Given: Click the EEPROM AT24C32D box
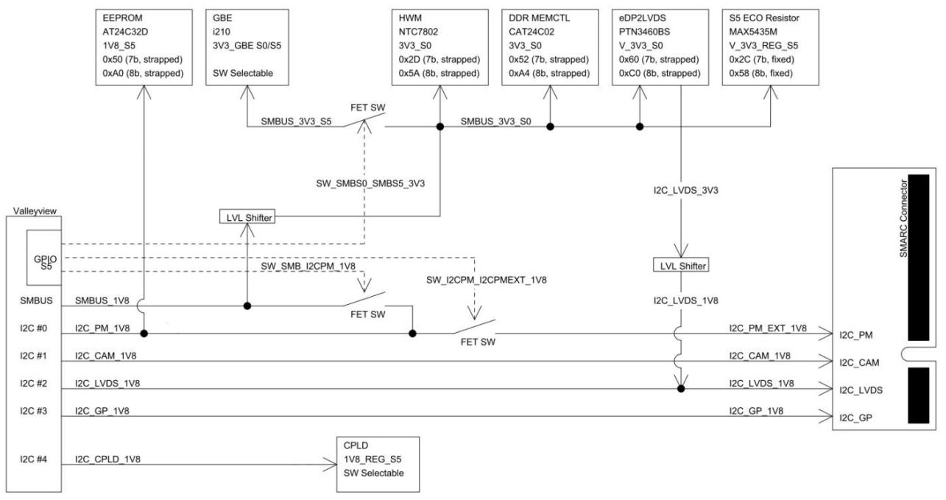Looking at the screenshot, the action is pyautogui.click(x=144, y=47).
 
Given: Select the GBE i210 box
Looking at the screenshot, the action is pyautogui.click(x=247, y=47).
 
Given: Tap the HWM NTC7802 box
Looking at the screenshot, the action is pyautogui.click(x=440, y=47).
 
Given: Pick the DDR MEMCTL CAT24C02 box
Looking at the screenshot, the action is pyautogui.click(x=550, y=47).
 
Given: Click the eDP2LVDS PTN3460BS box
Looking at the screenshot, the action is pyautogui.click(x=660, y=47).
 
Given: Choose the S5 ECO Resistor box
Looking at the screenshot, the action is pyautogui.click(x=770, y=47).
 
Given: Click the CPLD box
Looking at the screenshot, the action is pyautogui.click(x=378, y=464).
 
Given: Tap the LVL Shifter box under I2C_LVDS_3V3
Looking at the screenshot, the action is pyautogui.click(x=681, y=265).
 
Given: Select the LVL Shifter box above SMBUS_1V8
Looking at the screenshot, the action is pyautogui.click(x=247, y=216).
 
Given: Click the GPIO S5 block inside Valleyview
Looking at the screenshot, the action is pyautogui.click(x=44, y=258).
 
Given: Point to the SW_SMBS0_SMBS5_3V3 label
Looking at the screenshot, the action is pyautogui.click(x=370, y=183).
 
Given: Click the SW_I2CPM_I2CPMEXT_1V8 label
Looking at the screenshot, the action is pyautogui.click(x=486, y=280).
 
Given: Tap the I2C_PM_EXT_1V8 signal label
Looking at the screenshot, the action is pyautogui.click(x=768, y=328).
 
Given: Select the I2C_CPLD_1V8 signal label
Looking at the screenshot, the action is pyautogui.click(x=107, y=459).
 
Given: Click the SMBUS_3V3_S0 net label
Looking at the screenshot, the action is pyautogui.click(x=495, y=122).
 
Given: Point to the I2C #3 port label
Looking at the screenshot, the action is pyautogui.click(x=33, y=411).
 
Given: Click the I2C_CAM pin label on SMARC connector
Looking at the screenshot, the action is pyautogui.click(x=859, y=363).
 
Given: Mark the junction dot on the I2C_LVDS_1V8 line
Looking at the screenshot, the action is pyautogui.click(x=681, y=389).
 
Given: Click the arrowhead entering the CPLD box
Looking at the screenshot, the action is pyautogui.click(x=331, y=465).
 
